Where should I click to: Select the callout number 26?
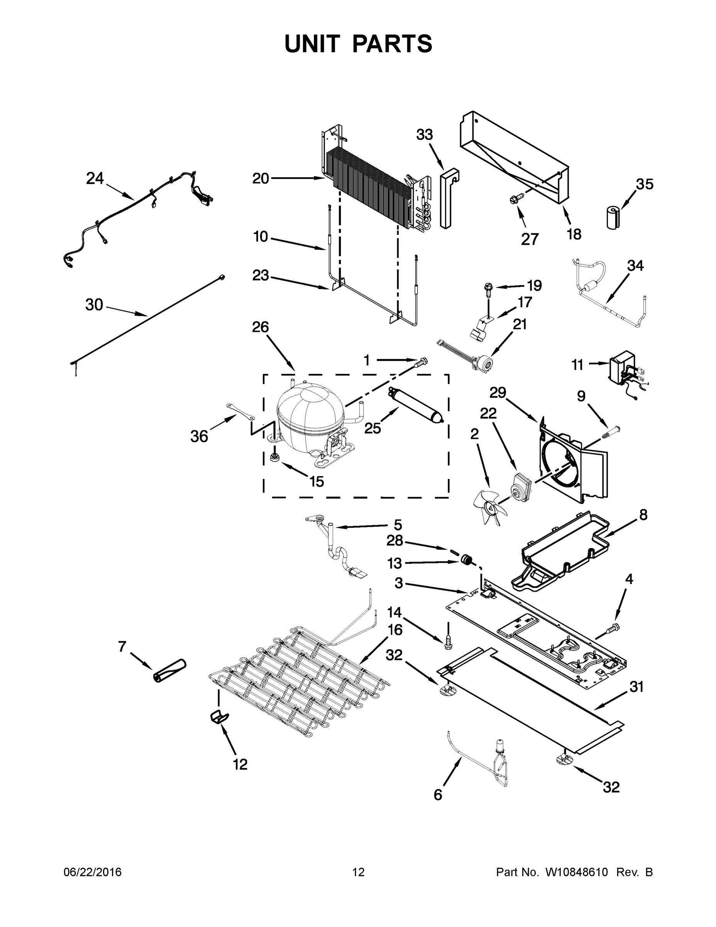click(x=261, y=327)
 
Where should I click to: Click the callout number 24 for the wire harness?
click(x=95, y=178)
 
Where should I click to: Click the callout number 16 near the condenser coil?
click(x=395, y=630)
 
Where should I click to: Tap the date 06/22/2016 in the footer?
click(x=93, y=872)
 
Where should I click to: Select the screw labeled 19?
click(x=488, y=288)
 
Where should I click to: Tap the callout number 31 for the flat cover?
click(x=636, y=687)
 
